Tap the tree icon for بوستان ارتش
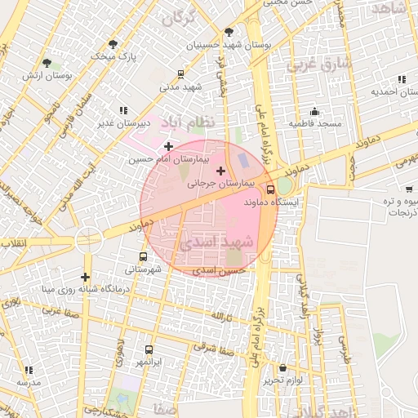pyautogui.click(x=47, y=62)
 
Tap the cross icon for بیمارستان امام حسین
pyautogui.click(x=168, y=147)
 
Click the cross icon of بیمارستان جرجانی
pyautogui.click(x=220, y=171)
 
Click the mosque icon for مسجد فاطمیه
pyautogui.click(x=314, y=111)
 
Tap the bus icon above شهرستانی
pyautogui.click(x=144, y=256)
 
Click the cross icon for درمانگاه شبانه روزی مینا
pyautogui.click(x=85, y=277)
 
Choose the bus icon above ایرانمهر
pyautogui.click(x=149, y=349)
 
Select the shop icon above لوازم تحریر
pyautogui.click(x=282, y=368)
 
